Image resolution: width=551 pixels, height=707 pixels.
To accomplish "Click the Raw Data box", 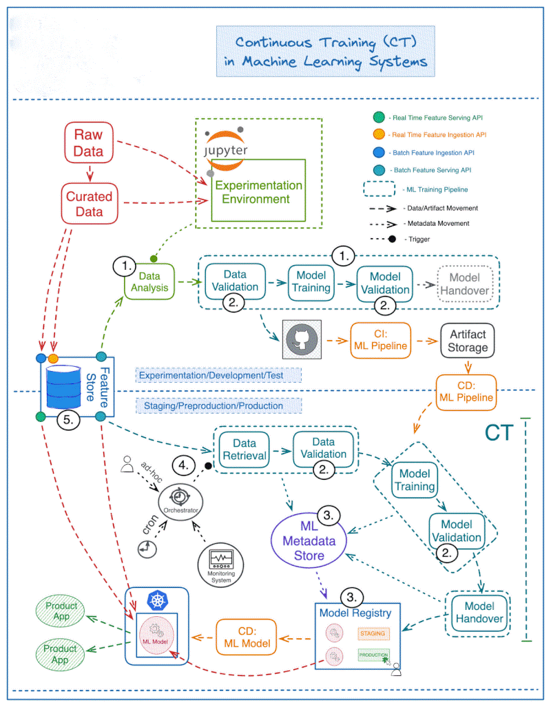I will tap(88, 143).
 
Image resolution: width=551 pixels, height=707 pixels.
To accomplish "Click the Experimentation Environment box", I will tap(258, 192).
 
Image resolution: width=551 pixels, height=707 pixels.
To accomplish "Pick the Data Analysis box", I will tap(149, 282).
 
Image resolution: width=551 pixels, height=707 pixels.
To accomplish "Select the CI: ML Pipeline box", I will tap(380, 341).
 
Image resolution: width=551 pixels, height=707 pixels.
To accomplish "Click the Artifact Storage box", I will tap(468, 341).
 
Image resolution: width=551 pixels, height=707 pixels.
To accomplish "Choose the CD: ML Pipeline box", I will tap(466, 391).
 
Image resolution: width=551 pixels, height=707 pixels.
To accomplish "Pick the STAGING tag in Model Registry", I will tap(372, 632).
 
